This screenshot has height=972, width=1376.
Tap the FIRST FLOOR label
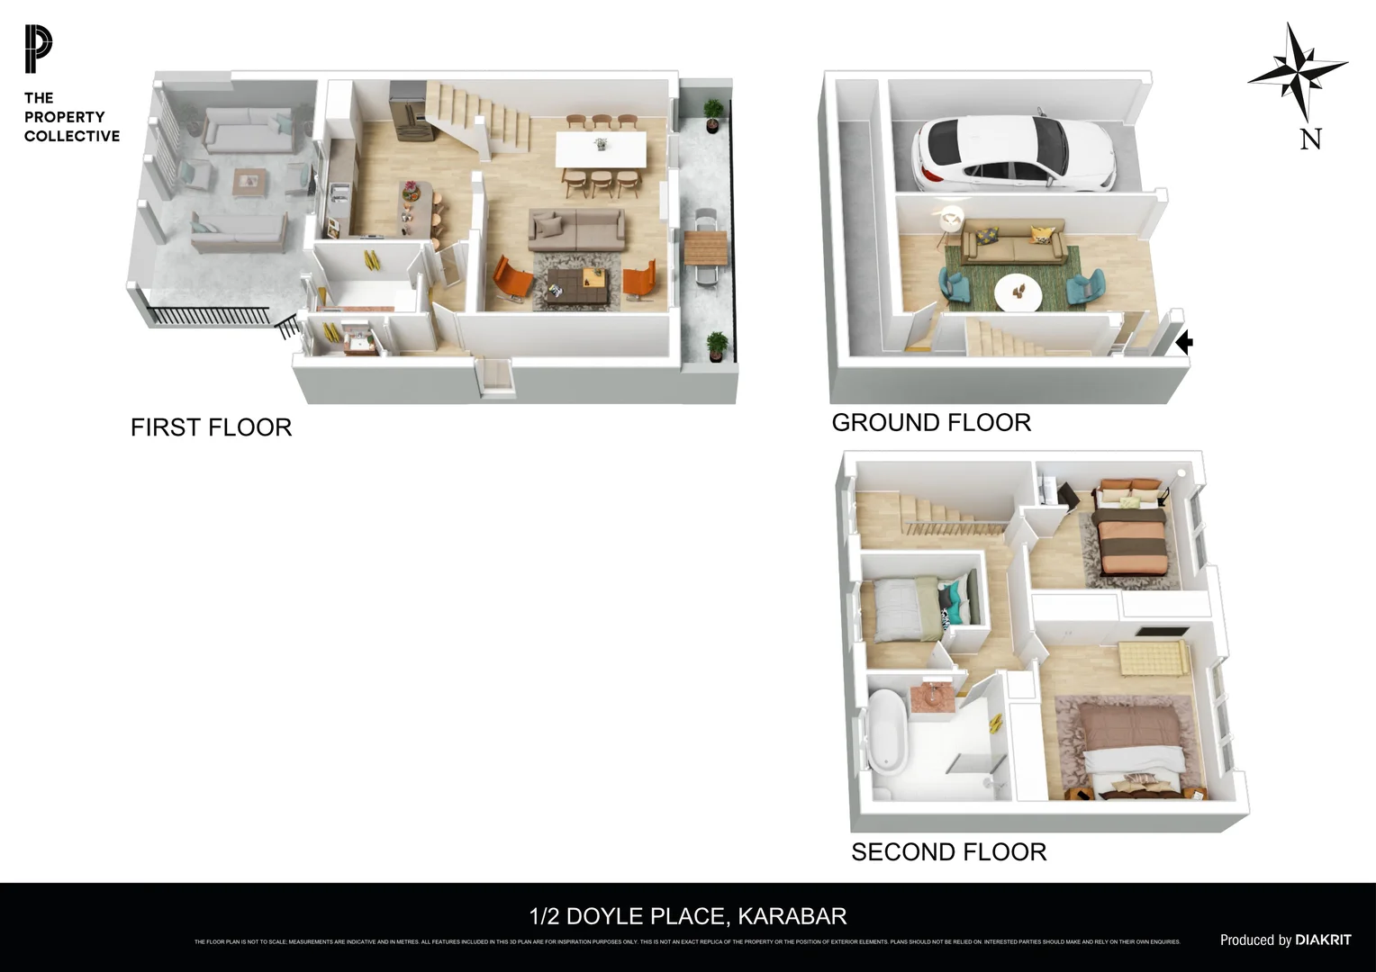coord(211,427)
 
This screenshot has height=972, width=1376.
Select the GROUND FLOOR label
coord(930,422)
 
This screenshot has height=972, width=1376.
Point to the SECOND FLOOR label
coord(948,851)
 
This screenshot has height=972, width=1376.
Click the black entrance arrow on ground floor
coord(1185,342)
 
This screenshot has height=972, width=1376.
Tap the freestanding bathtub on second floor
coord(887,732)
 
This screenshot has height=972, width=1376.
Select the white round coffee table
coord(1018,291)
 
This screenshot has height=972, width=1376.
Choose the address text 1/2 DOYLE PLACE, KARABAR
coord(688,916)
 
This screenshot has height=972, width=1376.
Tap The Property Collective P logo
coord(39,49)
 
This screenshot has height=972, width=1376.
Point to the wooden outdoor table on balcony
coord(704,246)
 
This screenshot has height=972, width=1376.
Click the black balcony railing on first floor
coord(207,315)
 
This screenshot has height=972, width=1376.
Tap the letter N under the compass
coord(1311,139)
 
